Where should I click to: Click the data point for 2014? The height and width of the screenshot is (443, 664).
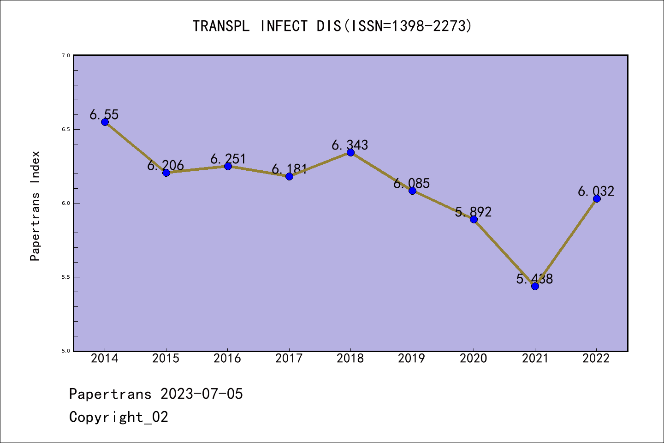pyautogui.click(x=105, y=122)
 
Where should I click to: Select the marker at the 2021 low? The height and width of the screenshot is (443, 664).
pyautogui.click(x=535, y=286)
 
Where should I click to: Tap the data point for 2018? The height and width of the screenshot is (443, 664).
pyautogui.click(x=350, y=152)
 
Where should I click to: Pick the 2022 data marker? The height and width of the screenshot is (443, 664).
pyautogui.click(x=597, y=198)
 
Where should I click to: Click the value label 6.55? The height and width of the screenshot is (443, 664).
pyautogui.click(x=104, y=114)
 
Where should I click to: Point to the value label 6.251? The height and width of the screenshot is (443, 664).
pyautogui.click(x=228, y=159)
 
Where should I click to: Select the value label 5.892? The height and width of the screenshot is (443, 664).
pyautogui.click(x=473, y=212)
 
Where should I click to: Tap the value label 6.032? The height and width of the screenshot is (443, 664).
pyautogui.click(x=596, y=191)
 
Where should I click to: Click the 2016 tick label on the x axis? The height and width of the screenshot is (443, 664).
pyautogui.click(x=227, y=359)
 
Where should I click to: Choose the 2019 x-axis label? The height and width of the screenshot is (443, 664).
pyautogui.click(x=412, y=359)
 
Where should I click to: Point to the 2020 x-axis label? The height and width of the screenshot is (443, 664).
pyautogui.click(x=473, y=359)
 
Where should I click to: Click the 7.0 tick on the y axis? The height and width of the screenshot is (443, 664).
pyautogui.click(x=65, y=55)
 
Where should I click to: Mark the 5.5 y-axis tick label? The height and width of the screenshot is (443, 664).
pyautogui.click(x=65, y=277)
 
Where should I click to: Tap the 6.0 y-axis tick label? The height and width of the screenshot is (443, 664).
pyautogui.click(x=65, y=203)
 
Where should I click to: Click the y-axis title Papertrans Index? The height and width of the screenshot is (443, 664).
pyautogui.click(x=35, y=206)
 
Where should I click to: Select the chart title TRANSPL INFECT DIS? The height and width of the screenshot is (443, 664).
pyautogui.click(x=332, y=26)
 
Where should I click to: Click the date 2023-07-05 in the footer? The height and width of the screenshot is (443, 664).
pyautogui.click(x=202, y=394)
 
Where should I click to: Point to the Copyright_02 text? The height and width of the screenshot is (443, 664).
pyautogui.click(x=119, y=417)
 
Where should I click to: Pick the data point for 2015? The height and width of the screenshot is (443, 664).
pyautogui.click(x=166, y=173)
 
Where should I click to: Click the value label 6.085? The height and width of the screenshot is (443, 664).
pyautogui.click(x=412, y=183)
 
